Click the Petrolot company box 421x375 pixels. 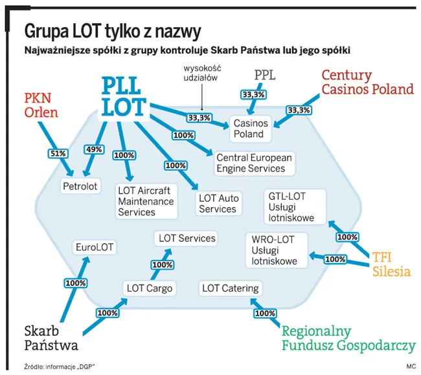80,186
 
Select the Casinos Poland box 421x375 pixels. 249,129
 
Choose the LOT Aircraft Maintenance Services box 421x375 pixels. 146,201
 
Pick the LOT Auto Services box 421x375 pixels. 218,204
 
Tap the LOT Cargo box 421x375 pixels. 150,288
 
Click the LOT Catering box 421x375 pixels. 231,288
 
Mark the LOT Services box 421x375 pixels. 187,239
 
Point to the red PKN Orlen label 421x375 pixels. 41,105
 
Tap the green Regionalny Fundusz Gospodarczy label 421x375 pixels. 348,337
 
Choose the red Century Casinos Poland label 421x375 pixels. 367,82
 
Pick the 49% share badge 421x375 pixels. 94,149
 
